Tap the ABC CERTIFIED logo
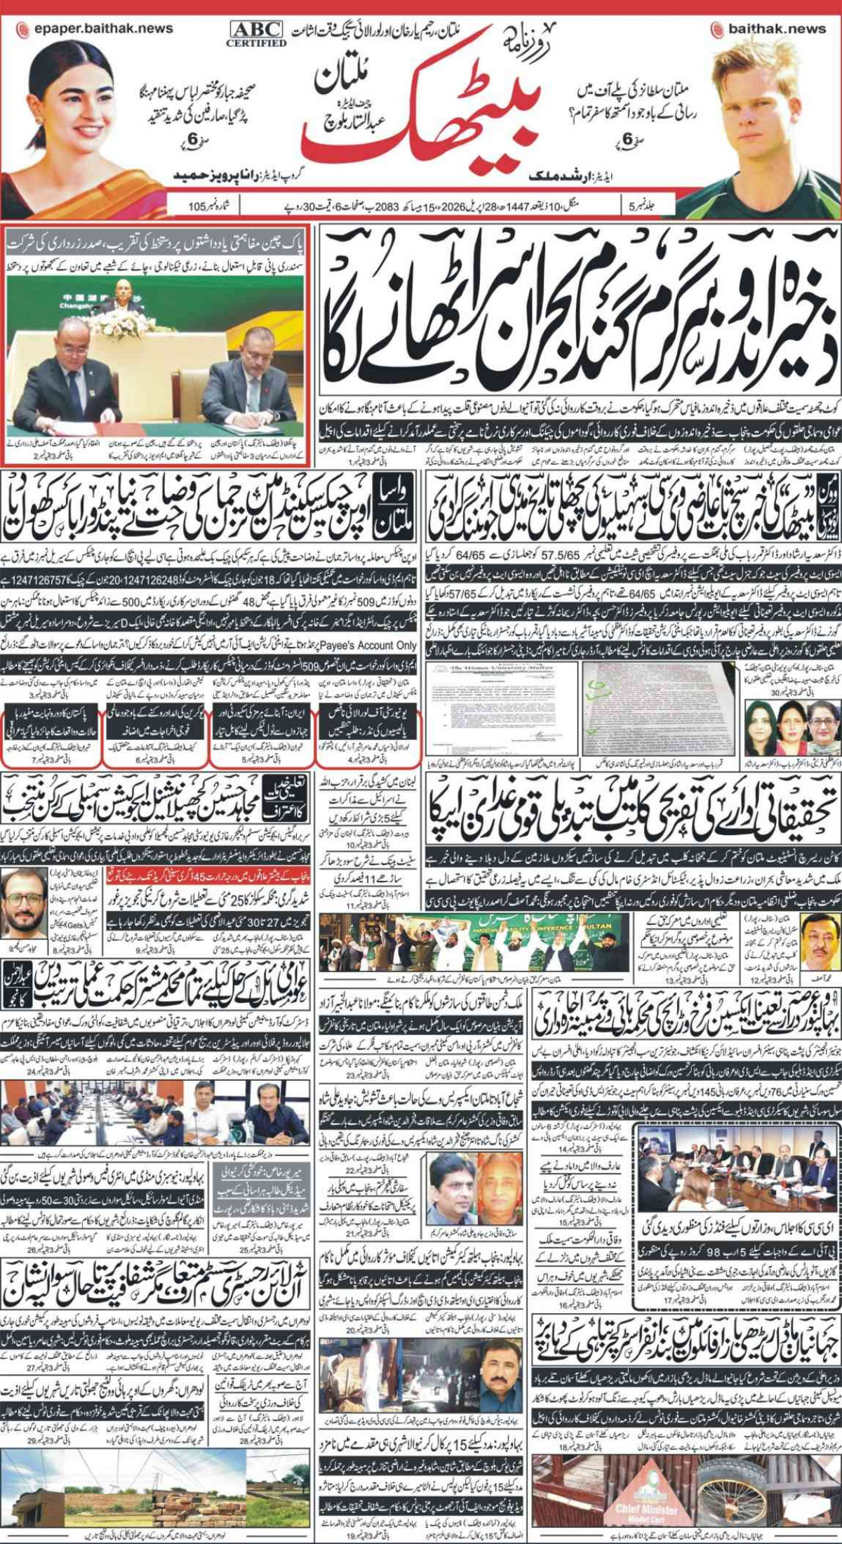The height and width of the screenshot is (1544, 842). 256,33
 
